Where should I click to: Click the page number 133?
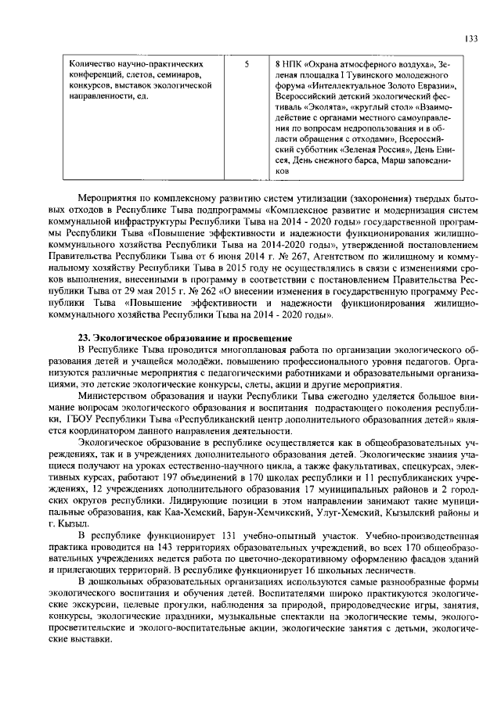pos(471,38)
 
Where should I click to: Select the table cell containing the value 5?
pos(247,63)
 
